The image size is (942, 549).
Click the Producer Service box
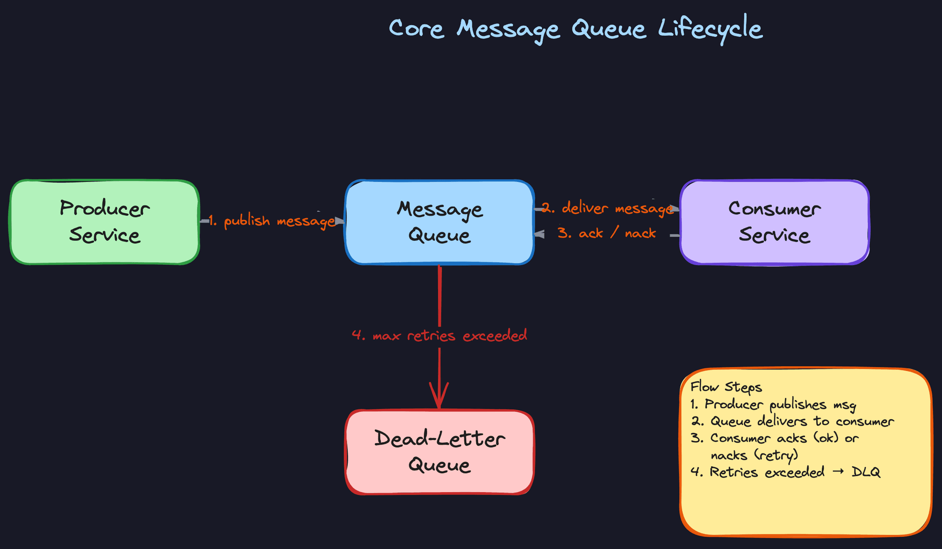tap(105, 222)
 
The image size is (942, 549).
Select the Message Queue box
tap(440, 222)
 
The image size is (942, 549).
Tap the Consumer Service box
tap(774, 222)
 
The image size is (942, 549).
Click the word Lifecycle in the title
tap(710, 28)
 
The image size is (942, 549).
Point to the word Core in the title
tap(416, 28)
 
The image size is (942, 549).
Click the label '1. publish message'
tap(272, 222)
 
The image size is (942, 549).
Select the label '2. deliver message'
tap(608, 208)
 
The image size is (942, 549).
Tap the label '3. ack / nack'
tap(607, 233)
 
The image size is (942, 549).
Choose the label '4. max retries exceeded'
tap(440, 336)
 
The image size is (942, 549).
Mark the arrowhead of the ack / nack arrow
tap(539, 234)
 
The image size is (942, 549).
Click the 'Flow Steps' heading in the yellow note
tap(726, 387)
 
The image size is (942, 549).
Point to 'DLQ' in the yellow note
tap(866, 472)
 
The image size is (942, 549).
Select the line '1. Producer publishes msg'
tap(773, 405)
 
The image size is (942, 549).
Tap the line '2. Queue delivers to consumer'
tap(792, 422)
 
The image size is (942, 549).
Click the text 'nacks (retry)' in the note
tap(754, 455)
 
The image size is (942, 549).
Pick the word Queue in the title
tap(608, 28)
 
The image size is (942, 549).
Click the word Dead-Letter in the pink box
tap(440, 439)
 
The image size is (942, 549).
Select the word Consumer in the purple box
tap(774, 209)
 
